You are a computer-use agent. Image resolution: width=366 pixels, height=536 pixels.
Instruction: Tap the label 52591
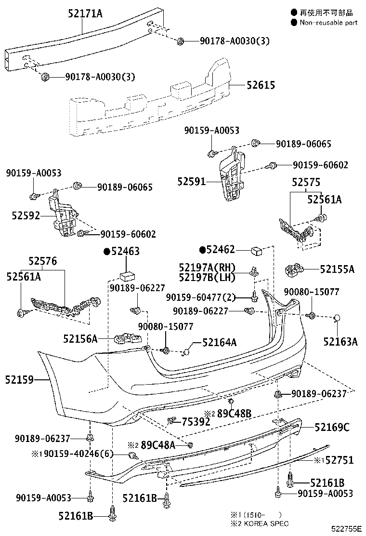click(191, 181)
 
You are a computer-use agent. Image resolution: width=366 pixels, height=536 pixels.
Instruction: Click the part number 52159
click(20, 380)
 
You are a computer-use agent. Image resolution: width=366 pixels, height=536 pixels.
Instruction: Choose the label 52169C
click(332, 427)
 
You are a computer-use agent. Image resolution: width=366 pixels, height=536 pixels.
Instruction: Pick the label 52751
click(339, 460)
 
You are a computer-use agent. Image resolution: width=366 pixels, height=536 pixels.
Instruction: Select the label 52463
click(125, 251)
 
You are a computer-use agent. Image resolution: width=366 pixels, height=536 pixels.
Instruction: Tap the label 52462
click(220, 249)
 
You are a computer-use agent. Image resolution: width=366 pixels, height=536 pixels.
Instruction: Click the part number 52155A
click(337, 269)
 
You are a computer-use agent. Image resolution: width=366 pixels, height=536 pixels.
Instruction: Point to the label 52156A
click(80, 339)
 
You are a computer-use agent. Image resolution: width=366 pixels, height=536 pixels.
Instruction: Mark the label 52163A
click(340, 342)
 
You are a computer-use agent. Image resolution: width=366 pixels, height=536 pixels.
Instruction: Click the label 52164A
click(219, 342)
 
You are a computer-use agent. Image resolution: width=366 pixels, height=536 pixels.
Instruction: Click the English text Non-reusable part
click(328, 22)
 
